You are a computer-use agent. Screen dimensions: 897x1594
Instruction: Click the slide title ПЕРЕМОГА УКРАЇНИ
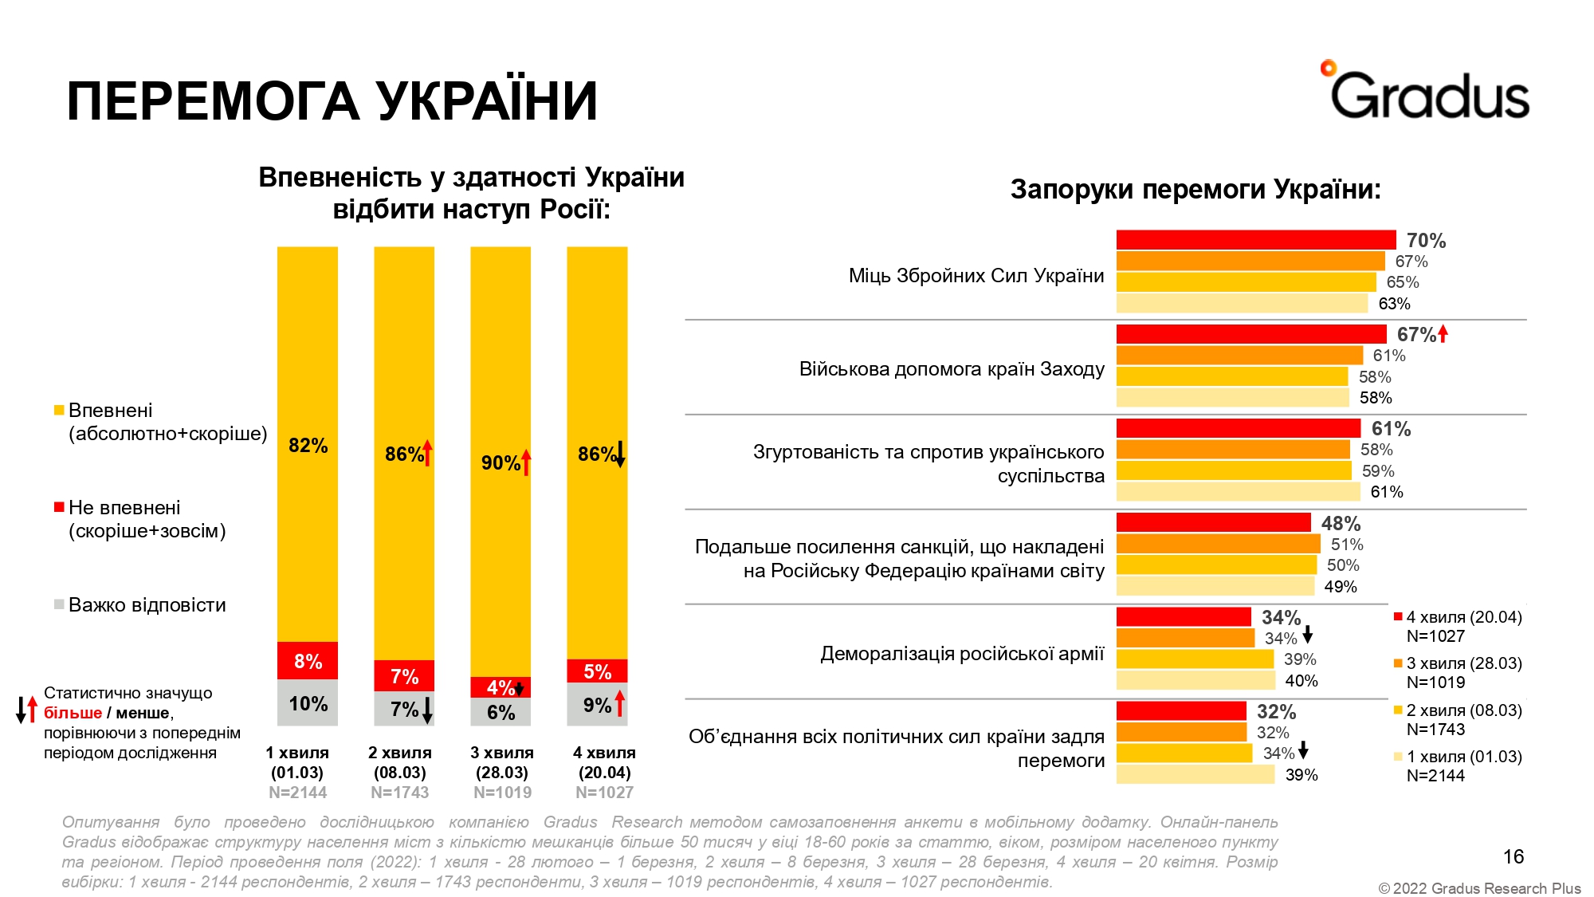pyautogui.click(x=332, y=101)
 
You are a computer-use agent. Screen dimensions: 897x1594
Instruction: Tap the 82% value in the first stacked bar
pyautogui.click(x=308, y=446)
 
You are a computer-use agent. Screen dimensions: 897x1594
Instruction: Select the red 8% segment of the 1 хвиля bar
pyautogui.click(x=308, y=661)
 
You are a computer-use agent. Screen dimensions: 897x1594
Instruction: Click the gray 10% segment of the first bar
pyautogui.click(x=308, y=703)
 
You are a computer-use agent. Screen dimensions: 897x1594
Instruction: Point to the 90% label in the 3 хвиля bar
pyautogui.click(x=501, y=463)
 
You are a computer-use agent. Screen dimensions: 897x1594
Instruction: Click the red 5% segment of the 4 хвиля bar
pyautogui.click(x=597, y=671)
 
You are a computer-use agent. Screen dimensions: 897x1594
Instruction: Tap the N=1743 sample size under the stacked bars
pyautogui.click(x=400, y=793)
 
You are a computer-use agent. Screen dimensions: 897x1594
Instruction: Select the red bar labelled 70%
pyautogui.click(x=1255, y=240)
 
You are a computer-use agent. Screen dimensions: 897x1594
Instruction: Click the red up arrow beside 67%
pyautogui.click(x=1443, y=334)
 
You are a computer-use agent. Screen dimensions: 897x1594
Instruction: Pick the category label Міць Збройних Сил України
pyautogui.click(x=976, y=276)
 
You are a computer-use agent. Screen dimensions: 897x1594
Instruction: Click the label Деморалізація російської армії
pyautogui.click(x=962, y=654)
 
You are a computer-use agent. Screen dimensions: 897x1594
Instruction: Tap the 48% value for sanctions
pyautogui.click(x=1341, y=524)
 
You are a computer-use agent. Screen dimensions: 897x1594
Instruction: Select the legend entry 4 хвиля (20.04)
pyautogui.click(x=1463, y=617)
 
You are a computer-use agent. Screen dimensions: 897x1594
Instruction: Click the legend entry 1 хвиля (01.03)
pyautogui.click(x=1463, y=757)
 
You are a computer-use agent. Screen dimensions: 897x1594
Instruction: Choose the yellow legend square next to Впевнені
pyautogui.click(x=58, y=411)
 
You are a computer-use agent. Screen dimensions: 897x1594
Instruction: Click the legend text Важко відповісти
pyautogui.click(x=147, y=605)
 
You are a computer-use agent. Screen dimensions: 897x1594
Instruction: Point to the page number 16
pyautogui.click(x=1513, y=856)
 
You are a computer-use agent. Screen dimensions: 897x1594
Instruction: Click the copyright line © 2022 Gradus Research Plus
pyautogui.click(x=1479, y=888)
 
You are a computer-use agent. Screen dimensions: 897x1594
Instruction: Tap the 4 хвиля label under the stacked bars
pyautogui.click(x=604, y=753)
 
